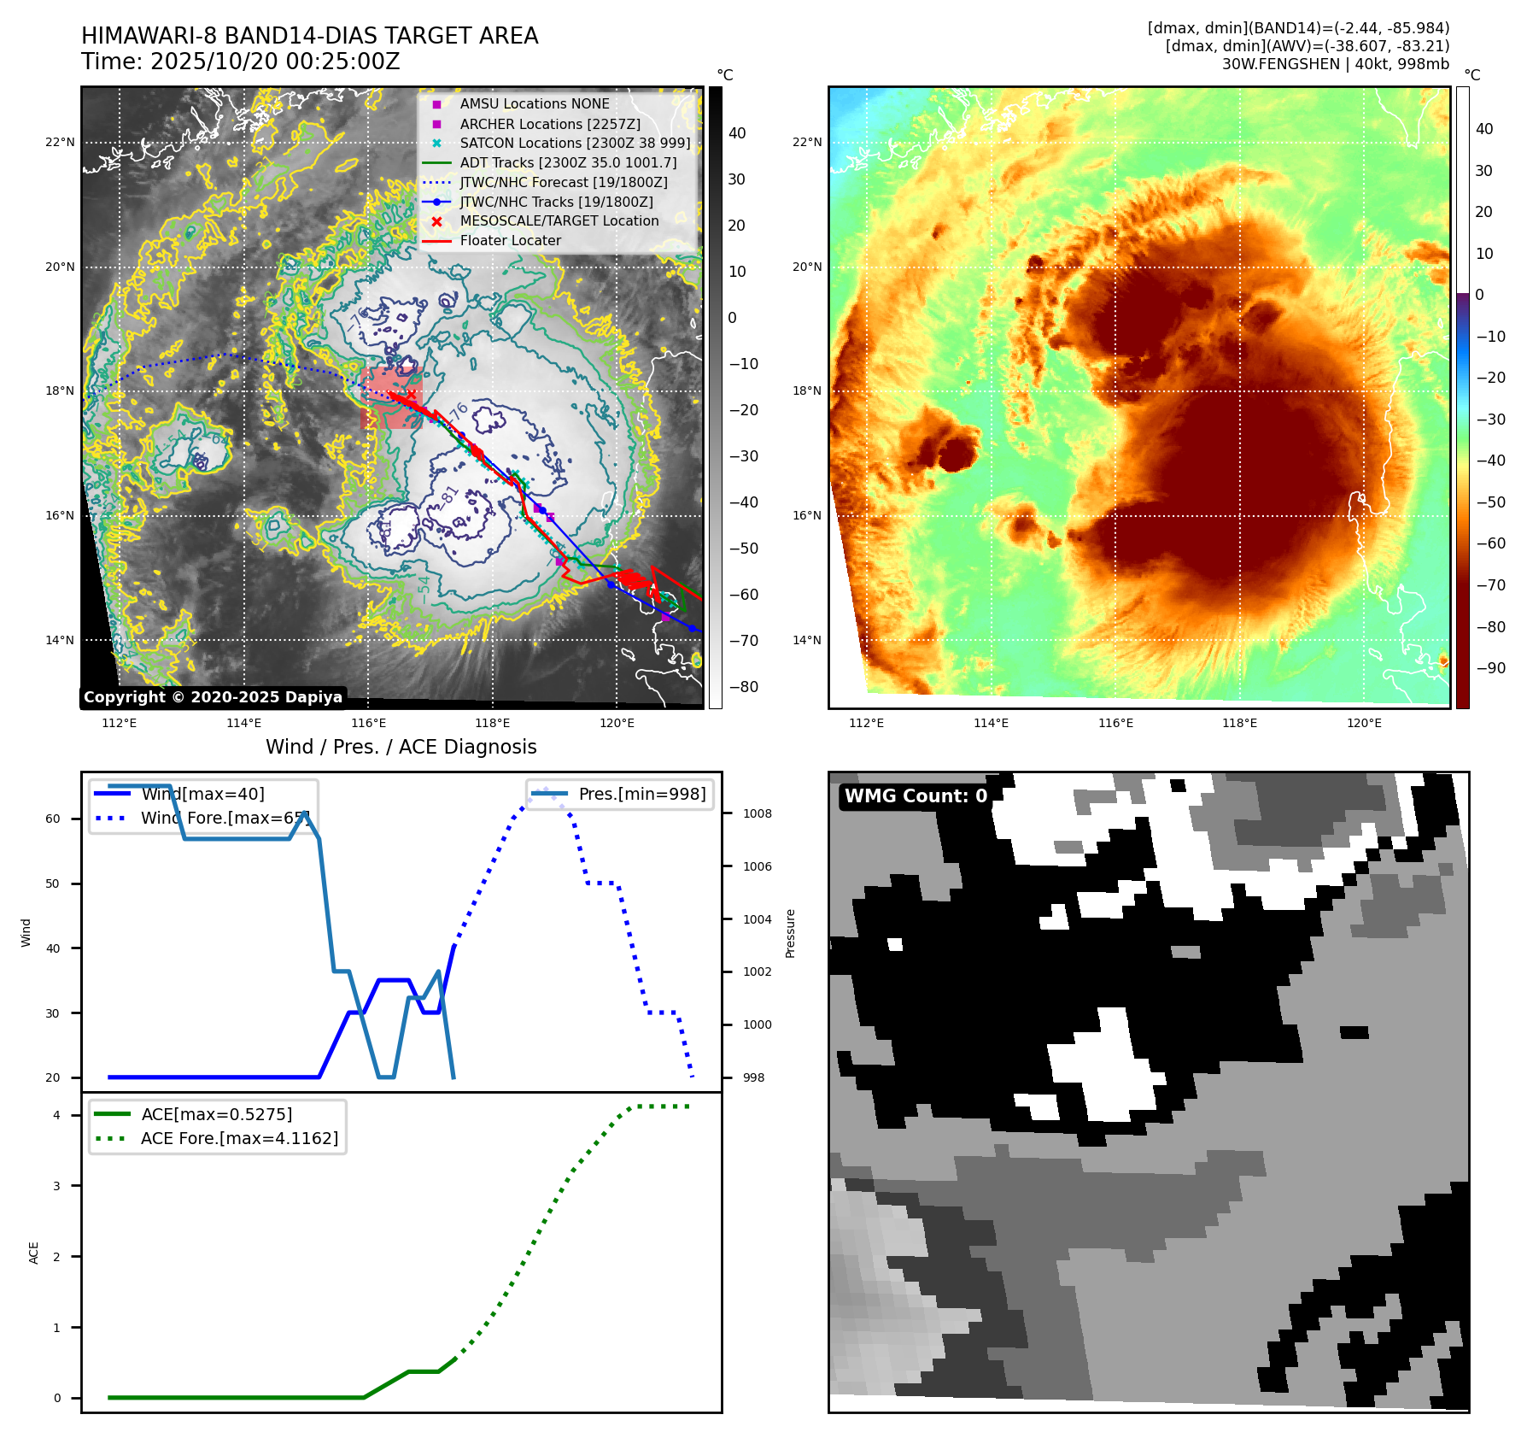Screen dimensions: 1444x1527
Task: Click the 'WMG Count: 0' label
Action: (915, 796)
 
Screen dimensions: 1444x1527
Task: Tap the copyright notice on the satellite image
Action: (213, 697)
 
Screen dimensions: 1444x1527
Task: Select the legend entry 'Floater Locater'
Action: (510, 241)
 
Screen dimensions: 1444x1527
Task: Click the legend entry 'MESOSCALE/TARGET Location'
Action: (559, 221)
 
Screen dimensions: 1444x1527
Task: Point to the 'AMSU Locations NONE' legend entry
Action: (534, 104)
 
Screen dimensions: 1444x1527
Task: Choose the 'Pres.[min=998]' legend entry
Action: (641, 795)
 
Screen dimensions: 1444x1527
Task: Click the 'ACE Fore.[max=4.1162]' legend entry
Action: (239, 1138)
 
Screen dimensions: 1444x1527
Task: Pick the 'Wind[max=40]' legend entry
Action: (202, 795)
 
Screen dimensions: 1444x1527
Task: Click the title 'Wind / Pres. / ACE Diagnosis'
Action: (401, 747)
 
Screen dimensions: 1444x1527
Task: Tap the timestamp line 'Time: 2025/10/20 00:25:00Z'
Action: (241, 62)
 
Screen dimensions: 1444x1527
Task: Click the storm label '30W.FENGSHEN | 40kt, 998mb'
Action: (1335, 64)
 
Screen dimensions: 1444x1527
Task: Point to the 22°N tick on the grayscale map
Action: (60, 143)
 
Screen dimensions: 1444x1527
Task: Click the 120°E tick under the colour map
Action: (1364, 724)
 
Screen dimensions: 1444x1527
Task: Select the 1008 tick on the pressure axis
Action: (757, 813)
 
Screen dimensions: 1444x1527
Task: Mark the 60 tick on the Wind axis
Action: (53, 819)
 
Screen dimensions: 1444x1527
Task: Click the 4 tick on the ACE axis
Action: (57, 1115)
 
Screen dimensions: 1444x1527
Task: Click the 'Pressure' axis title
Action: (791, 933)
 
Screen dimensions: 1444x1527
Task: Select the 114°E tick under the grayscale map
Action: (243, 724)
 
